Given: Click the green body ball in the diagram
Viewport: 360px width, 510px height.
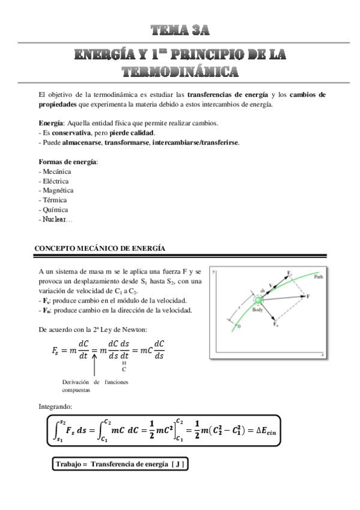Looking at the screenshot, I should tap(258, 300).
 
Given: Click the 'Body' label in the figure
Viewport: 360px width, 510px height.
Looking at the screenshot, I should tap(258, 310).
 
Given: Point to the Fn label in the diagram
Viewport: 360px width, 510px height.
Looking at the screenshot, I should tap(276, 324).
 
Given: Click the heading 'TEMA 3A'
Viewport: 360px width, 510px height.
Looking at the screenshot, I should tap(180, 29).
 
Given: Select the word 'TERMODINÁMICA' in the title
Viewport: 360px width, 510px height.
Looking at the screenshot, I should tap(180, 72).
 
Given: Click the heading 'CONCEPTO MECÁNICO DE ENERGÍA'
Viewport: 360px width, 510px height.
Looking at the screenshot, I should tap(100, 248).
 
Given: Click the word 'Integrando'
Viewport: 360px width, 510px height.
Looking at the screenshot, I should tap(56, 407).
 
